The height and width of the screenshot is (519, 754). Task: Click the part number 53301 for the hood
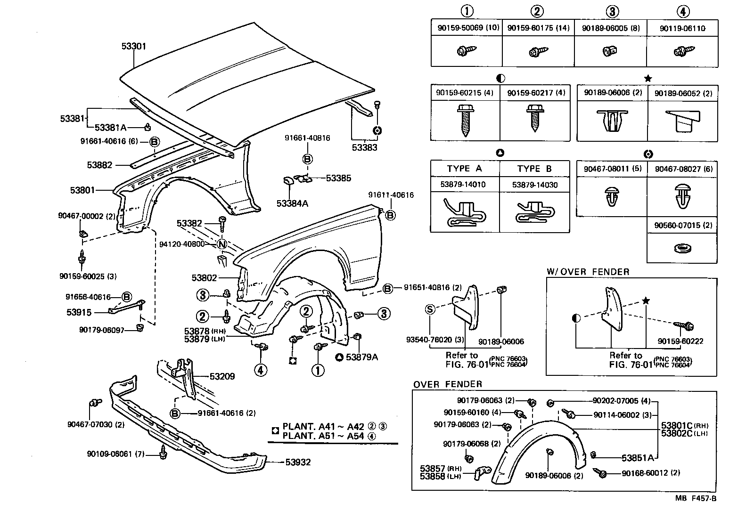point(134,46)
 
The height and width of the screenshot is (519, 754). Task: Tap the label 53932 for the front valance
point(298,462)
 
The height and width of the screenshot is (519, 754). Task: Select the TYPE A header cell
point(465,169)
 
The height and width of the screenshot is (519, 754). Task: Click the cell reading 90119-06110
point(682,28)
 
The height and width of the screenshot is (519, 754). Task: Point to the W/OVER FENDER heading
point(588,272)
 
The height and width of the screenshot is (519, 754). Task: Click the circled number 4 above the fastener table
point(683,11)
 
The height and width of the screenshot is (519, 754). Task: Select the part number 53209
point(222,376)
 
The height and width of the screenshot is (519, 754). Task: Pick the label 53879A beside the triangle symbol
point(362,357)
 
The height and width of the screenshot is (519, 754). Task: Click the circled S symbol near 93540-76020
point(430,309)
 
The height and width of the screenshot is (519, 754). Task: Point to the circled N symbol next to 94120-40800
point(222,244)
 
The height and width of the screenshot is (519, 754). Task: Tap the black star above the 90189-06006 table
point(647,78)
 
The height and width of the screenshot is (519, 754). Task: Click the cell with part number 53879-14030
point(535,185)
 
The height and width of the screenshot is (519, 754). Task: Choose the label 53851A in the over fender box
point(638,457)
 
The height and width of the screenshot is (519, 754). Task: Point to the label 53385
point(338,178)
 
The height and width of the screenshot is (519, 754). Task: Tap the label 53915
point(79,312)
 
